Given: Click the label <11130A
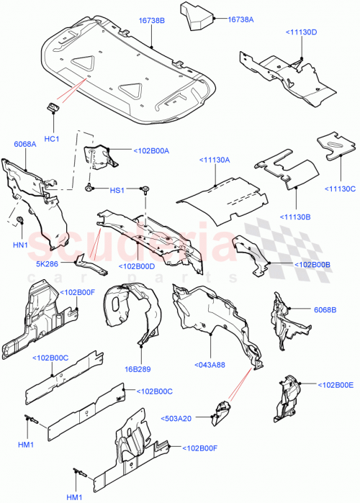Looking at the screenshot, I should pyautogui.click(x=214, y=161).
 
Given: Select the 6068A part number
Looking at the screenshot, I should pyautogui.click(x=24, y=145).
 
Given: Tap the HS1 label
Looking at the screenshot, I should pyautogui.click(x=117, y=191).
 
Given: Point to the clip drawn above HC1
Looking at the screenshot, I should pyautogui.click(x=52, y=108).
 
